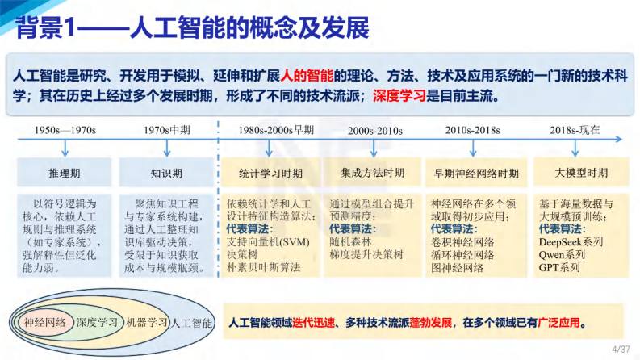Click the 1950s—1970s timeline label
tap(65, 129)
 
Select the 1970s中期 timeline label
tap(165, 129)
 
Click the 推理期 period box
tap(65, 173)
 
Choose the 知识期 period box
tap(165, 173)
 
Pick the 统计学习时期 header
tap(270, 173)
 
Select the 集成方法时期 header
tap(372, 173)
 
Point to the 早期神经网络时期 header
tap(475, 173)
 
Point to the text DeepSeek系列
tap(571, 241)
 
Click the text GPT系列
tap(559, 267)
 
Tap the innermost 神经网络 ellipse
tap(45, 323)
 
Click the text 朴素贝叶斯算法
tap(264, 267)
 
